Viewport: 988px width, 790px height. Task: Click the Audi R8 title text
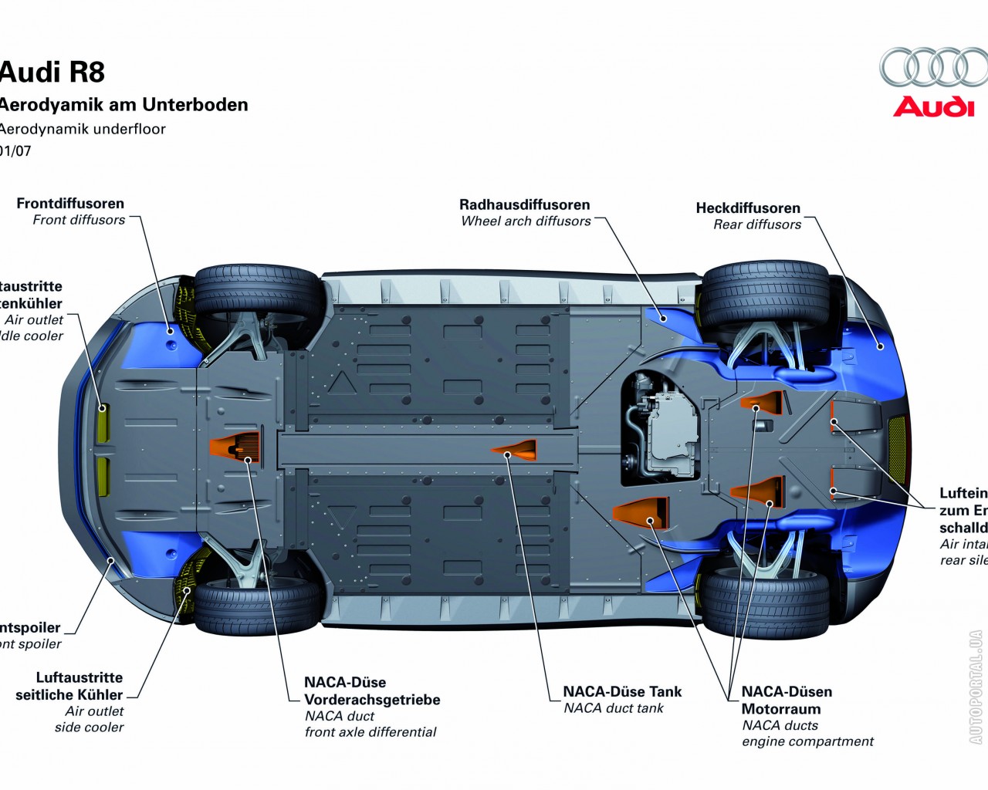pos(52,72)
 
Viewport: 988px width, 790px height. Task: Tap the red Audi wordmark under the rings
pos(933,106)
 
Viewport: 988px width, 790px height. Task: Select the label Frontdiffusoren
pos(70,204)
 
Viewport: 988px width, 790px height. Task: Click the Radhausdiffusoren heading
pos(524,204)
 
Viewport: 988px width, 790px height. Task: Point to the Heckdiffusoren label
pos(748,208)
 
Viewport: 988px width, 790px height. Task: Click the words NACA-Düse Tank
pos(622,691)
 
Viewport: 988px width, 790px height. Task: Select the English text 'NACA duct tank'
pos(614,708)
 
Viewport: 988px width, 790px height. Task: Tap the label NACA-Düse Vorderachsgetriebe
pos(371,691)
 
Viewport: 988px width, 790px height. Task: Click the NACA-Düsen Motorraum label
pos(787,700)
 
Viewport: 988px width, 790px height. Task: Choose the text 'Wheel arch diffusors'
pos(526,221)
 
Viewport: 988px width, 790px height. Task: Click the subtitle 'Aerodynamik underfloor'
pos(82,129)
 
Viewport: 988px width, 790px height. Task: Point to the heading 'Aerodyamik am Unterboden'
pos(123,105)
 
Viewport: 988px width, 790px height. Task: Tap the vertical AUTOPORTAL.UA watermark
pos(976,687)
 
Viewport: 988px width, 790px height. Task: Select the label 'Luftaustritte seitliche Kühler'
pos(69,686)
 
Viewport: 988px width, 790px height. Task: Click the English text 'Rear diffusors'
pos(757,225)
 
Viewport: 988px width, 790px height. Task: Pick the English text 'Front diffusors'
pos(79,220)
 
